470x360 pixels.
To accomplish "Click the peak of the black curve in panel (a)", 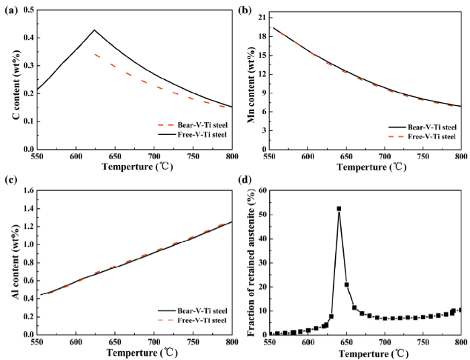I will tap(95, 30).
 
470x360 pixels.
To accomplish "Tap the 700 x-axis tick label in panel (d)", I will tap(385, 343).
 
